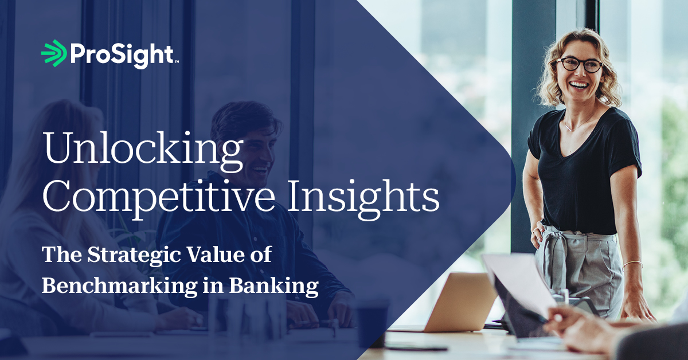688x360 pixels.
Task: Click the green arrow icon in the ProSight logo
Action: click(x=54, y=53)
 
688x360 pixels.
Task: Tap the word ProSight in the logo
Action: click(x=122, y=56)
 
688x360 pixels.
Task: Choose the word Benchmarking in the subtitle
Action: click(x=119, y=286)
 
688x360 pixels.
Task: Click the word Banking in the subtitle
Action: click(x=273, y=286)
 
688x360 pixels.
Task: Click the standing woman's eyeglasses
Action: click(x=579, y=65)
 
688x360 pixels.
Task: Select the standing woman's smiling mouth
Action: click(x=578, y=84)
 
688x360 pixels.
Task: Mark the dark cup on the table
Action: click(x=372, y=323)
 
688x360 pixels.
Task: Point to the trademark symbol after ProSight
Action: click(x=177, y=62)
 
